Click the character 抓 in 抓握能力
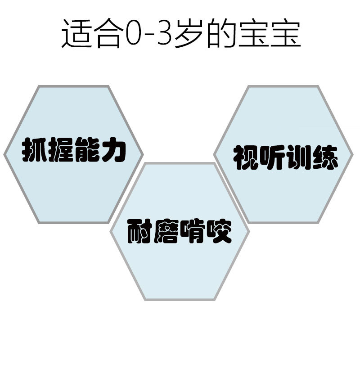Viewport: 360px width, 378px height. [x=35, y=150]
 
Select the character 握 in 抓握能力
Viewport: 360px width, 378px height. [x=60, y=150]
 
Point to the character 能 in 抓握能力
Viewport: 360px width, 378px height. [x=86, y=150]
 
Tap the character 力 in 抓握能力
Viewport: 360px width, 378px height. [x=112, y=150]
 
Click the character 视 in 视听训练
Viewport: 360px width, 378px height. [x=246, y=157]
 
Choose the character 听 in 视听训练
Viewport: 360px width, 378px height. [x=272, y=157]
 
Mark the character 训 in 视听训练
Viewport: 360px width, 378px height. [x=298, y=157]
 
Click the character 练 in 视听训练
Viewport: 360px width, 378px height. [x=324, y=157]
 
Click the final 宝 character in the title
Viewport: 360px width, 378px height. [x=286, y=34]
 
